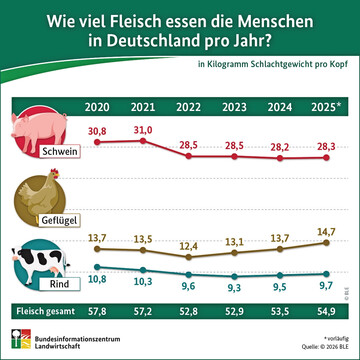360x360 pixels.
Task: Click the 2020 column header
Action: (99, 105)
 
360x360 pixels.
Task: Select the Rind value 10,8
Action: (98, 281)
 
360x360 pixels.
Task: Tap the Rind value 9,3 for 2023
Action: (233, 287)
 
